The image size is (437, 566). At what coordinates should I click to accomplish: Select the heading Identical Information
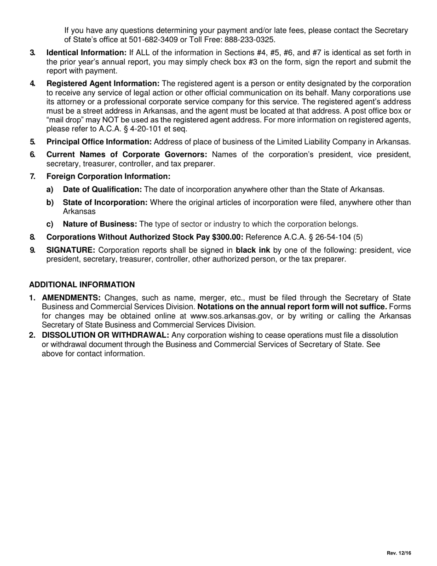86,53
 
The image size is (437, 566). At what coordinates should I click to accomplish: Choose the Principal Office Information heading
99,142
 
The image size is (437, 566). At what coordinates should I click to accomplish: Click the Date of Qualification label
102,189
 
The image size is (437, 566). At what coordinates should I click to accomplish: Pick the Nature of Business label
100,224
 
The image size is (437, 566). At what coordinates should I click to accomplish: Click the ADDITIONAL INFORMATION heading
82,284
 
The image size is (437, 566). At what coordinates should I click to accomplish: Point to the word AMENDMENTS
71,298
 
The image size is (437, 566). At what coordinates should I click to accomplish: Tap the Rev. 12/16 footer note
398,553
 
